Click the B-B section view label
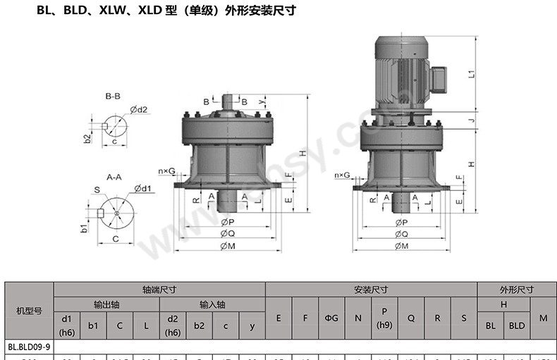[113, 95]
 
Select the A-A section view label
[114, 177]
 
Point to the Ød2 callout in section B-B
[138, 109]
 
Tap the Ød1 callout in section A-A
[142, 188]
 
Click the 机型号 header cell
[29, 310]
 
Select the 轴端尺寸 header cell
[159, 289]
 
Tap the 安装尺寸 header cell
[371, 289]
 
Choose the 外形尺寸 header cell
[517, 289]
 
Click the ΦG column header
[331, 318]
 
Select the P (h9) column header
[384, 318]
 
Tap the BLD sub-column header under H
[517, 325]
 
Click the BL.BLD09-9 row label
[29, 347]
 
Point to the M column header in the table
[543, 318]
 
